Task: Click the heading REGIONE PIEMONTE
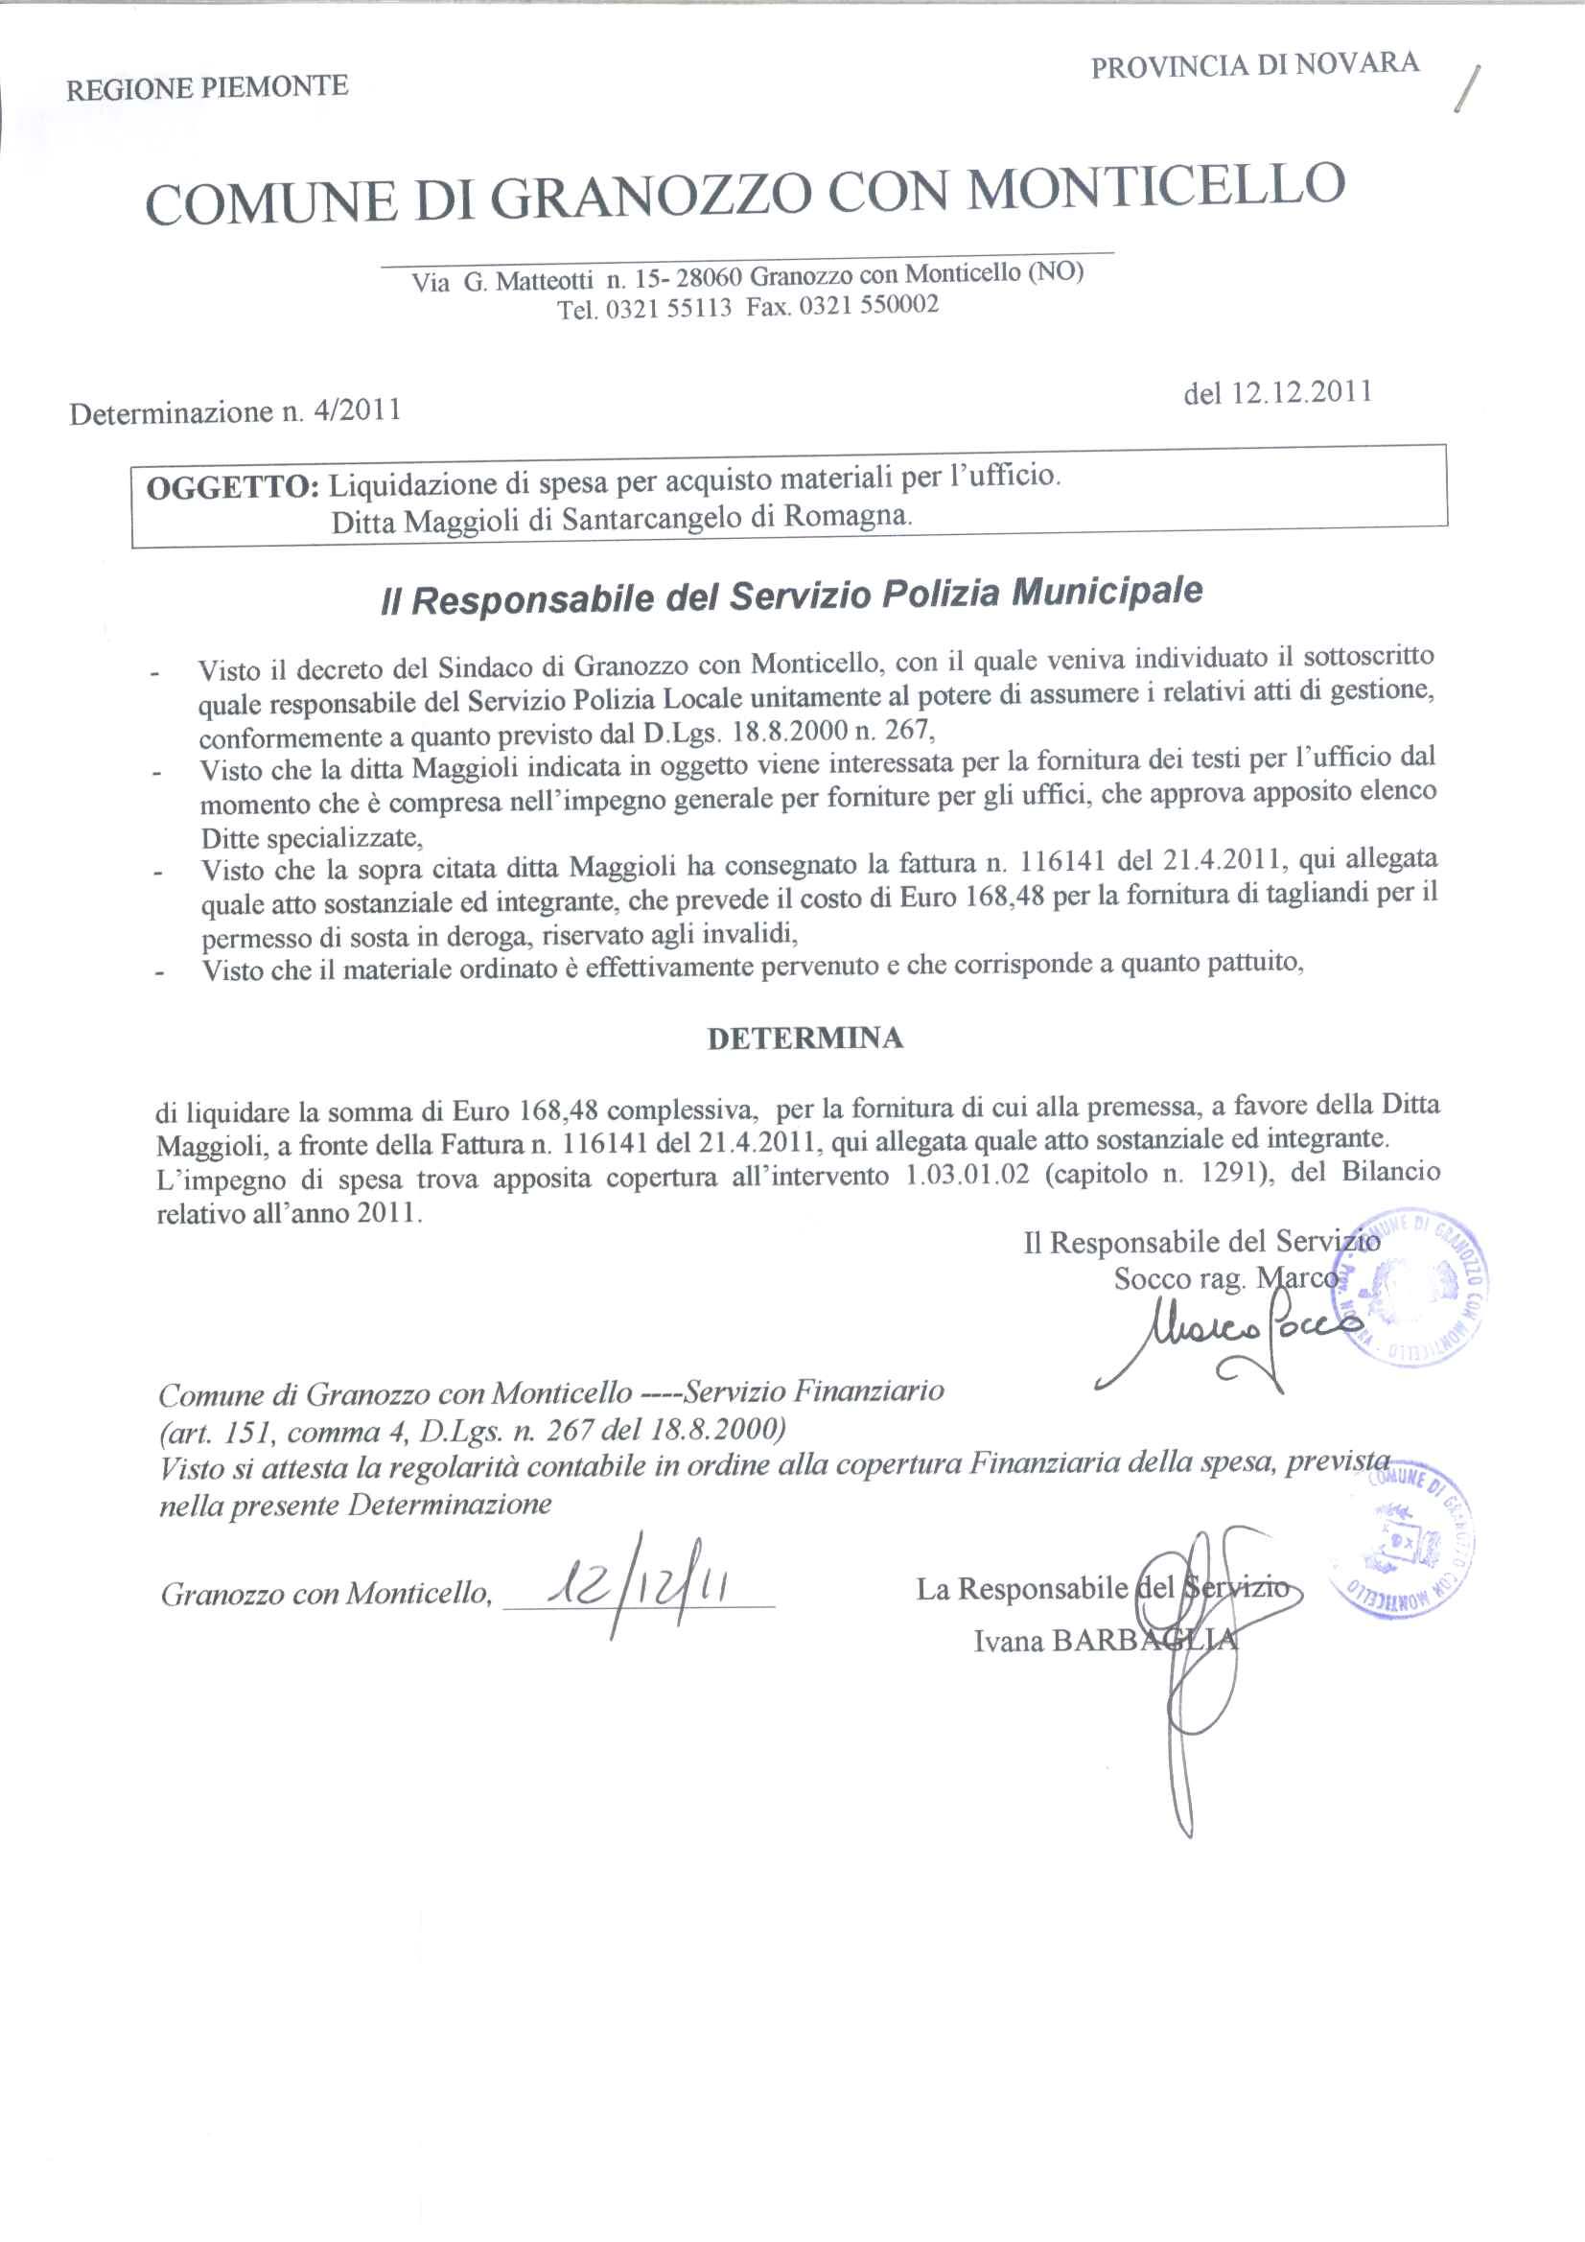pos(207,88)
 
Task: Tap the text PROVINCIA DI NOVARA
pos(1255,64)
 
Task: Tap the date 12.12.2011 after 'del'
pos(1301,392)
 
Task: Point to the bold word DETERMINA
pos(804,1038)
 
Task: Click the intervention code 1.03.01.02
pos(967,1176)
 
